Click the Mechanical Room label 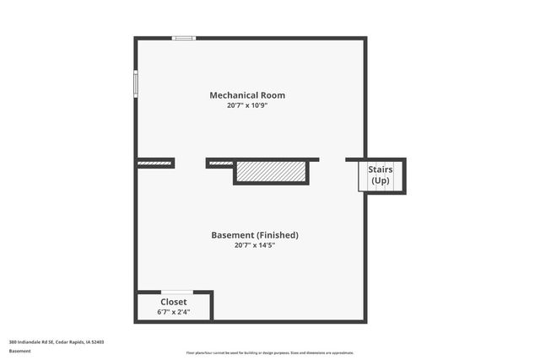pos(251,95)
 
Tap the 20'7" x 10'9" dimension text pos(251,106)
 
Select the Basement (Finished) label pos(254,235)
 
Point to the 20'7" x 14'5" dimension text pos(254,245)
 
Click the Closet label pos(174,301)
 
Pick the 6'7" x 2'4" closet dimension pos(174,311)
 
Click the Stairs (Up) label pos(381,175)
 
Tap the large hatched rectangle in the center pos(271,171)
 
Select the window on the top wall pos(184,38)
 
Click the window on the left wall pos(135,83)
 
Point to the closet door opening pos(176,292)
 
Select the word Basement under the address pos(21,351)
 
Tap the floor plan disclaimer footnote pos(270,352)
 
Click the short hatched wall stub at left pos(154,163)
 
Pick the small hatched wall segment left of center pos(220,163)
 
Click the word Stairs pos(381,170)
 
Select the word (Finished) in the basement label pos(277,235)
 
